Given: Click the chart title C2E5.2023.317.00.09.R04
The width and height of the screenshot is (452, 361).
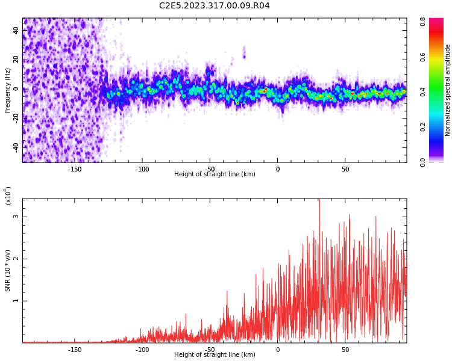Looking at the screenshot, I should [x=215, y=5].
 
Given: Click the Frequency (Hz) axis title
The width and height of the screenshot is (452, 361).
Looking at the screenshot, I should [x=8, y=89].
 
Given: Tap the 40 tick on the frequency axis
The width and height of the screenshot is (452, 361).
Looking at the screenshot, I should [x=16, y=30].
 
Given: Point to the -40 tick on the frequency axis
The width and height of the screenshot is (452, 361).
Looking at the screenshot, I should [x=16, y=147].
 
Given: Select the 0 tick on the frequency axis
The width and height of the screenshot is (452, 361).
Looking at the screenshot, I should [x=16, y=89].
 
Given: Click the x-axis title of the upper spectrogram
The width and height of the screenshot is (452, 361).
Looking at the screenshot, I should [x=215, y=174].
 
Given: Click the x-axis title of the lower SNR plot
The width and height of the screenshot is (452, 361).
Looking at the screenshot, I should [x=215, y=355].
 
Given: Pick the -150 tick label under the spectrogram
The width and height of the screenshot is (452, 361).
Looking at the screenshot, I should [x=75, y=169].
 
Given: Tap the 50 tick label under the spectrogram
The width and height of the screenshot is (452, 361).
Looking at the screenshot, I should [x=345, y=169].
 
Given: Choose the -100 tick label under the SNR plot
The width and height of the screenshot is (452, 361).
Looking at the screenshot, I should [x=142, y=350].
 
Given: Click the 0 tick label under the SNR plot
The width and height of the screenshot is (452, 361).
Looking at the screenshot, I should [x=278, y=350].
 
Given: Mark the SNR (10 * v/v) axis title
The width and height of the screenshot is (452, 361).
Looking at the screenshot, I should [x=8, y=271].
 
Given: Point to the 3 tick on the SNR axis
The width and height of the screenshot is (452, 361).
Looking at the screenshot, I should [x=16, y=217].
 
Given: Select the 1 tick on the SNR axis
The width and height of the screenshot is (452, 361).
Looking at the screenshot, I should [x=16, y=301].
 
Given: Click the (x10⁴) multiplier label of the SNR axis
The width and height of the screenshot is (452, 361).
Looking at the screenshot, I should [x=8, y=196].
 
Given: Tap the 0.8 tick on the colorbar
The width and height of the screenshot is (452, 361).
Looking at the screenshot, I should [x=424, y=22].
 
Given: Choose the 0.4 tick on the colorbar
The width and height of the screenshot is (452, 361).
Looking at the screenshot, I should [x=424, y=91].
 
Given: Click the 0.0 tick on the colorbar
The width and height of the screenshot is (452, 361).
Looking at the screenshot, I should [x=424, y=161].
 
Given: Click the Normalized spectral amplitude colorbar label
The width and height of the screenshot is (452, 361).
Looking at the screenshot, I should [x=448, y=90].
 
